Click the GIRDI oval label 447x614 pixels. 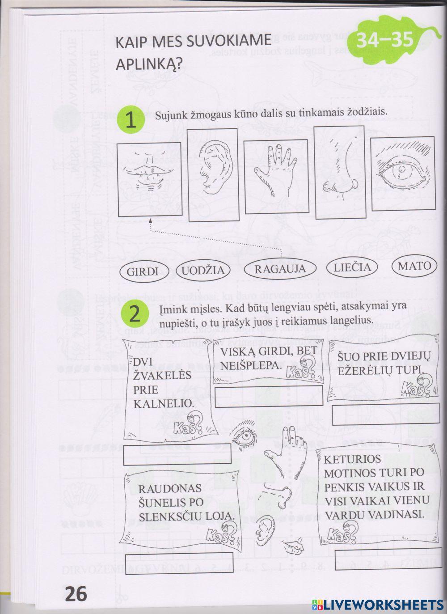(143, 271)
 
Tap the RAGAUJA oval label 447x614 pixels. (280, 269)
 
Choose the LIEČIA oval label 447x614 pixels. (352, 267)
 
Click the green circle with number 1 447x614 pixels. (130, 121)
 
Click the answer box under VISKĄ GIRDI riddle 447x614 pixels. (268, 397)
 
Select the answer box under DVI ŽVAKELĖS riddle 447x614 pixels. (177, 454)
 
